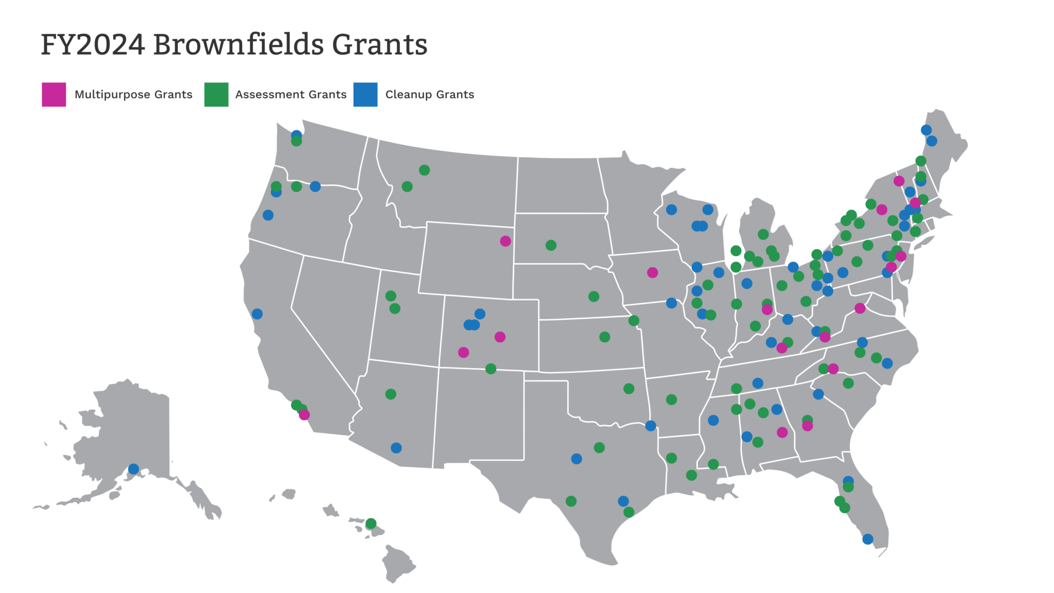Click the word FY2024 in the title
93,45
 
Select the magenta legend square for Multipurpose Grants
54,95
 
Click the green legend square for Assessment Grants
216,95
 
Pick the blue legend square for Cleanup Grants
365,95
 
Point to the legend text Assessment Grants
291,95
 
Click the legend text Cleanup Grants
430,95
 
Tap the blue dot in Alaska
134,469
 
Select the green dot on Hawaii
371,524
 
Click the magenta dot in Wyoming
505,241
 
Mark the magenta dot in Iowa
653,272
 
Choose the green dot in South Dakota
551,245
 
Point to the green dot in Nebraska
593,296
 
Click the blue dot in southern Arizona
396,448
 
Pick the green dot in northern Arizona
391,394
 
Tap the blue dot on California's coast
257,314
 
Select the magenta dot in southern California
304,415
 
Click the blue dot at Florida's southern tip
868,539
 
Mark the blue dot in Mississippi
713,421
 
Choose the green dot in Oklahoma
629,389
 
